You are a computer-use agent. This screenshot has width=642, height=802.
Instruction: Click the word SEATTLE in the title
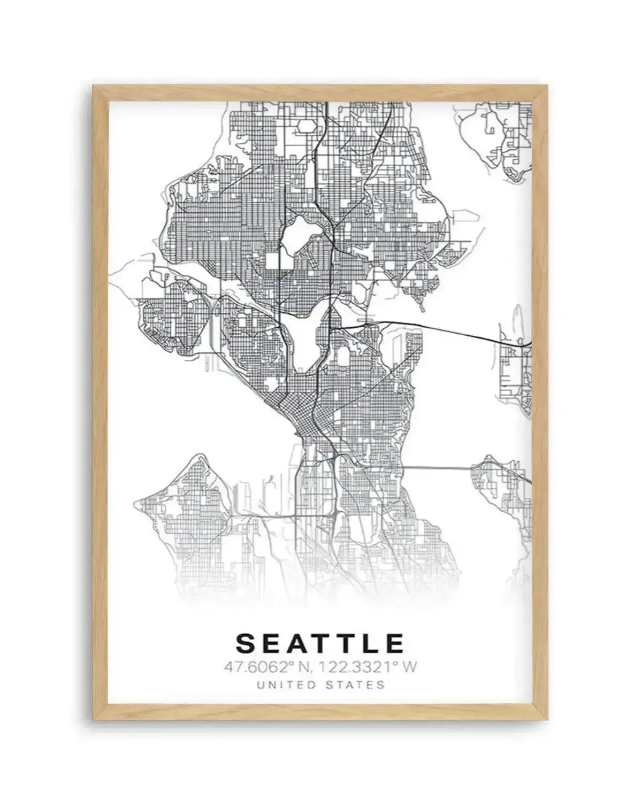[320, 643]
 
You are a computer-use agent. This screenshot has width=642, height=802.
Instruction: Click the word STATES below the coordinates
[358, 684]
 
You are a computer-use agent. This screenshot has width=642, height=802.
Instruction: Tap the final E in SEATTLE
[396, 643]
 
